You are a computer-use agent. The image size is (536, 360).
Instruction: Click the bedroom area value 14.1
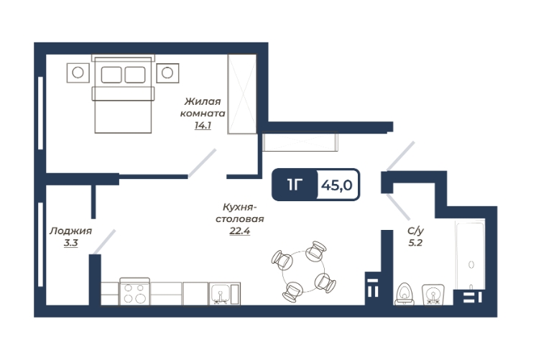(203, 126)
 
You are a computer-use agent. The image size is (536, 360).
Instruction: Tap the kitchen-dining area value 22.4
(240, 231)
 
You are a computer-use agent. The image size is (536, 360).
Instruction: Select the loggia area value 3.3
(70, 243)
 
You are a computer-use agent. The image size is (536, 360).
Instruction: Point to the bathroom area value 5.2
(415, 243)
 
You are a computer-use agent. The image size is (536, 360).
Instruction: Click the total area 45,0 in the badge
(337, 185)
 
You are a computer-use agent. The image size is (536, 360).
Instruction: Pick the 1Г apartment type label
(295, 185)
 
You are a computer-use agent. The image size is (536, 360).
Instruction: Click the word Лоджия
(70, 231)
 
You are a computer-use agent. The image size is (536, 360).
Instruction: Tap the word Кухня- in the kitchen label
(240, 207)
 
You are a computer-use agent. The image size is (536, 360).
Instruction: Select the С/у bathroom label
(416, 231)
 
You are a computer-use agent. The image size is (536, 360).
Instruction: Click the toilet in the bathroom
(405, 294)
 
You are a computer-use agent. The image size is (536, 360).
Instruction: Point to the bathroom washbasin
(433, 295)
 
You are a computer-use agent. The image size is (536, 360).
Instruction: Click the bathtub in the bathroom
(470, 254)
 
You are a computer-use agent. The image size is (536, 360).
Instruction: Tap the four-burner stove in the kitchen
(134, 292)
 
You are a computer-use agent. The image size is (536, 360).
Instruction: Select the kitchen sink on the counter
(225, 294)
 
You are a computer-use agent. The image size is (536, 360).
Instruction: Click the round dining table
(303, 272)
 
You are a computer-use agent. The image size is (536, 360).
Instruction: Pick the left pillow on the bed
(111, 75)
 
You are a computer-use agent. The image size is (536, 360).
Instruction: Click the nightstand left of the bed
(78, 73)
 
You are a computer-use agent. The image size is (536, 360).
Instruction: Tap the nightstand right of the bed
(167, 73)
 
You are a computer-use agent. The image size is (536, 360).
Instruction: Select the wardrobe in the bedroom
(242, 94)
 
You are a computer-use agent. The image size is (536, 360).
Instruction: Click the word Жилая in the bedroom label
(203, 101)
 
